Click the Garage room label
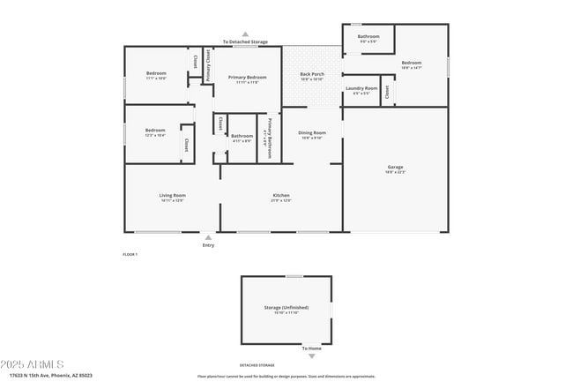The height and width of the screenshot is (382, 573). click(x=395, y=167)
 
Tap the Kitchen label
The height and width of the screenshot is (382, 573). click(x=280, y=195)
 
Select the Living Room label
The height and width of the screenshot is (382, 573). click(x=172, y=195)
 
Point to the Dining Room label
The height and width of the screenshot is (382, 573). click(x=312, y=132)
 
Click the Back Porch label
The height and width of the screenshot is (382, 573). click(x=312, y=74)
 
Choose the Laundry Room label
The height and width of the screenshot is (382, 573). click(x=361, y=88)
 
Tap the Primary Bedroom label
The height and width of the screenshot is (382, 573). click(x=248, y=78)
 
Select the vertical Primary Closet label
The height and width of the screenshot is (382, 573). click(x=209, y=66)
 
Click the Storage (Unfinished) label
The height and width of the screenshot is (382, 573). click(x=286, y=308)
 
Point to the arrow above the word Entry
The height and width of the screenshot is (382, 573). click(x=208, y=236)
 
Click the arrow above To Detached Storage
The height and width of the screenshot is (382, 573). click(x=245, y=34)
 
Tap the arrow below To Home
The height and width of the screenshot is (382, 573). click(x=311, y=356)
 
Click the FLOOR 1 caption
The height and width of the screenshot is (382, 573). click(x=130, y=254)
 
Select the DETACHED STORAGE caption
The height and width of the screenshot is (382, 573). click(x=257, y=364)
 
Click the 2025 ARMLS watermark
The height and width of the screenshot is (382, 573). click(x=33, y=364)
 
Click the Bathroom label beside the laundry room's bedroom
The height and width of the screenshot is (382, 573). click(x=368, y=36)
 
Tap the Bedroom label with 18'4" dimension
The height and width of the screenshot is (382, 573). click(x=412, y=63)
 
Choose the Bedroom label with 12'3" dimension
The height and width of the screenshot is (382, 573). click(x=155, y=130)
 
